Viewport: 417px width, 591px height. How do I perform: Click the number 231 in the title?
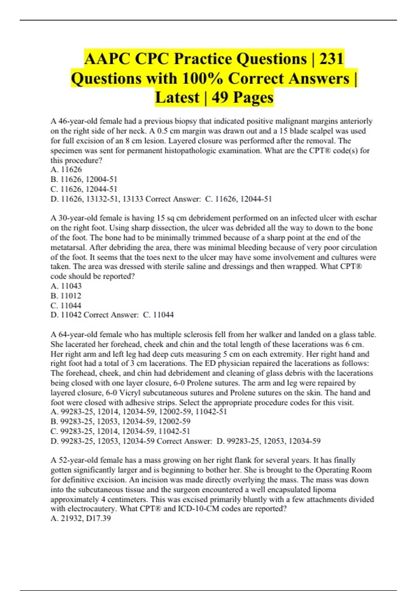click(x=332, y=58)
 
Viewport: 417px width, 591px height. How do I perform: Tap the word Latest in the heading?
click(x=177, y=97)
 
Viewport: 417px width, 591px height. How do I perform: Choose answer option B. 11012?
click(x=66, y=296)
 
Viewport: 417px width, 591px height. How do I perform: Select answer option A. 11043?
click(x=66, y=286)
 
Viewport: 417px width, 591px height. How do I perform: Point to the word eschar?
click(x=365, y=218)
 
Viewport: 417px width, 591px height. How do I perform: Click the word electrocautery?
click(x=93, y=509)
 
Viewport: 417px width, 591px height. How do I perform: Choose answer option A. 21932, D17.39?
click(x=81, y=518)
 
